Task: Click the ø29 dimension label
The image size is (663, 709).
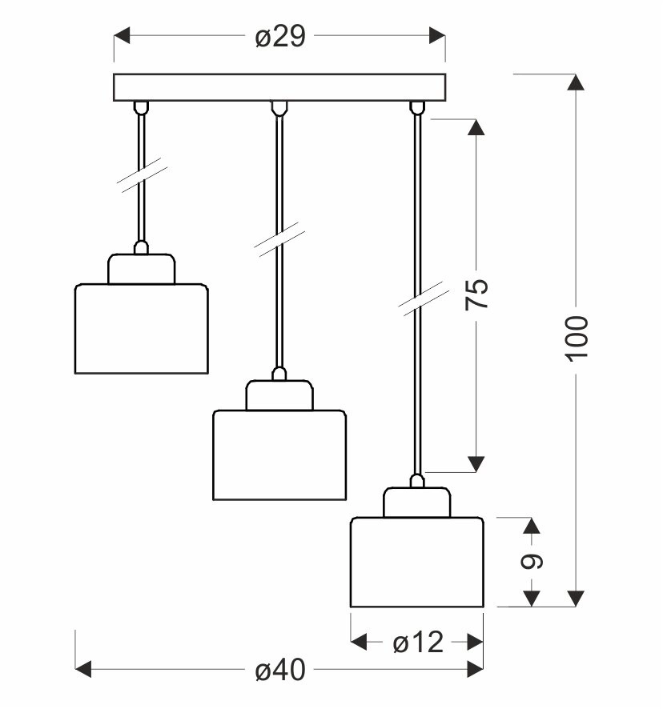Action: [x=280, y=36]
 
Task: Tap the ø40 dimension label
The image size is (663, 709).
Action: [x=280, y=671]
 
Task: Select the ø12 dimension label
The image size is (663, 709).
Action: [x=416, y=642]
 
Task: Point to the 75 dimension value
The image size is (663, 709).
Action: [x=476, y=295]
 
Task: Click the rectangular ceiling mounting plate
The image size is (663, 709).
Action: [x=279, y=87]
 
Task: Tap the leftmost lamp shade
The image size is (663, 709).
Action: [x=142, y=328]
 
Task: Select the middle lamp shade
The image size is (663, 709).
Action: [x=279, y=455]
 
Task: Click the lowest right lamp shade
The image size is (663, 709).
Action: [x=416, y=563]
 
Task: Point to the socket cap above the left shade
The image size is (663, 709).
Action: [x=142, y=269]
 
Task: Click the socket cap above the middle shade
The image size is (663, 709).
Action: [x=279, y=395]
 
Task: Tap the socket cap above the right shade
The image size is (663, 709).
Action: [x=416, y=503]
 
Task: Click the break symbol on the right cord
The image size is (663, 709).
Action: [x=416, y=298]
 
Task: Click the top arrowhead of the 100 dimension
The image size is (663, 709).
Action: [x=577, y=83]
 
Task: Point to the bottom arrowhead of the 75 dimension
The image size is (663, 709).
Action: [x=476, y=463]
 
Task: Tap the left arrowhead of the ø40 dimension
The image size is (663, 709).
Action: [x=84, y=670]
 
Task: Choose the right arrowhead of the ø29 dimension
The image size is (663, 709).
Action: [x=436, y=36]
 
